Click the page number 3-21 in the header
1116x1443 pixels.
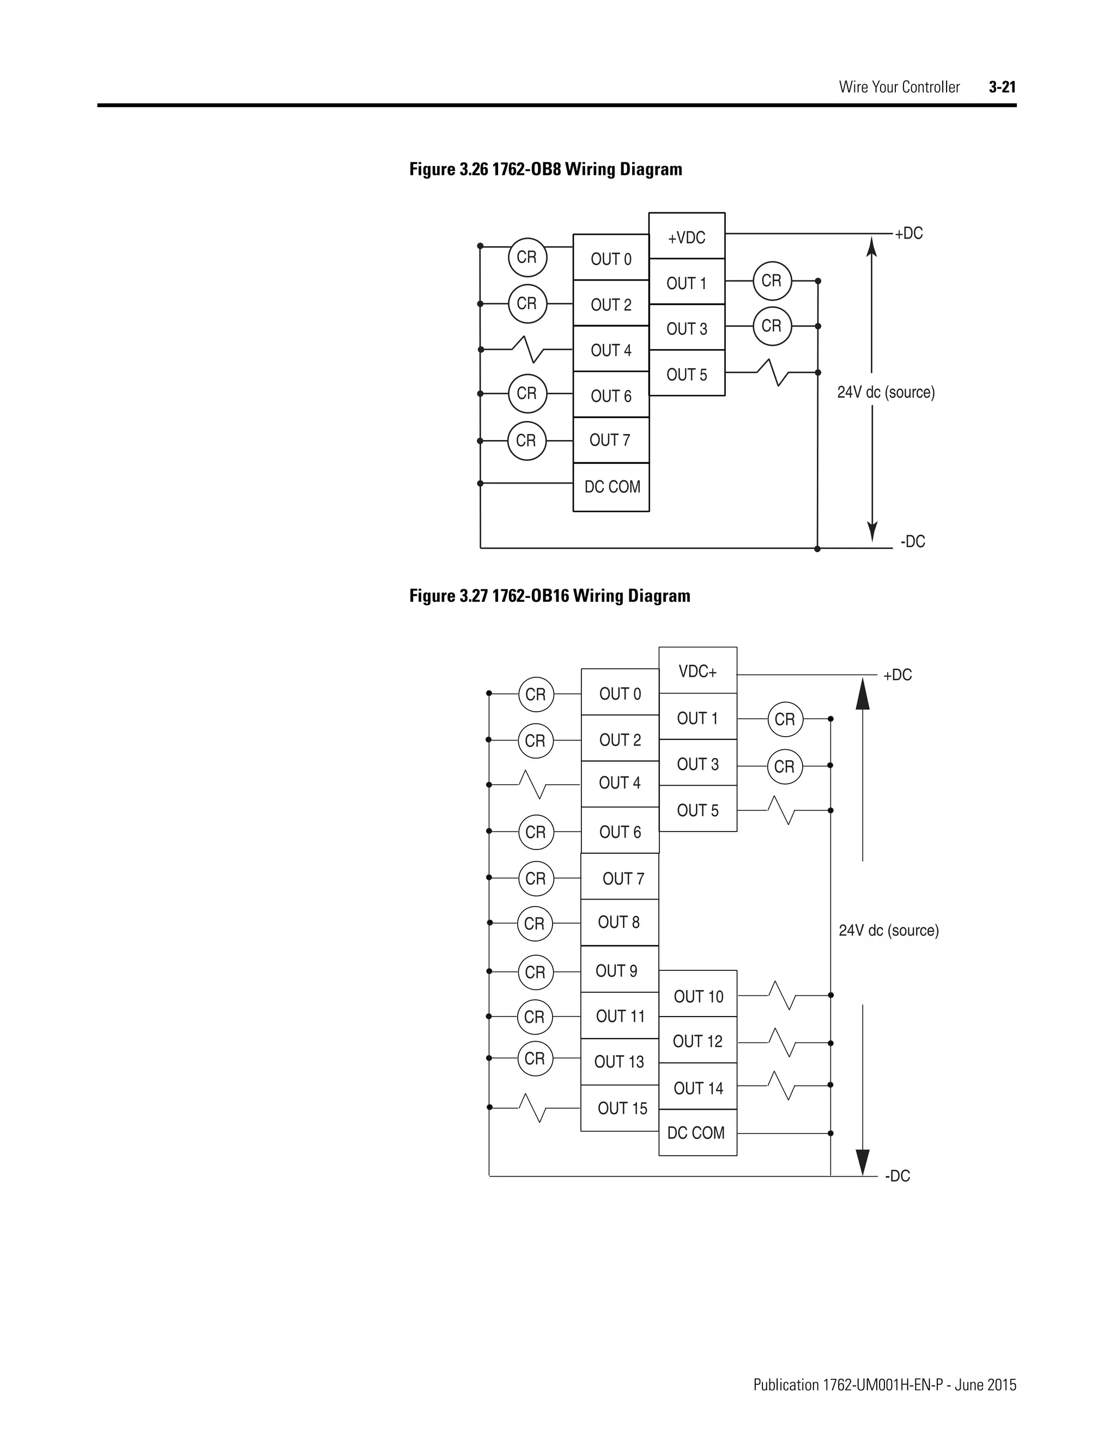pos(1002,87)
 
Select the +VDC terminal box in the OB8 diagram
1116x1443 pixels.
pos(686,236)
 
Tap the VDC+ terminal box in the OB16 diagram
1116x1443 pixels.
pos(697,671)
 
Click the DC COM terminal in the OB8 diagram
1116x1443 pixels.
pos(611,487)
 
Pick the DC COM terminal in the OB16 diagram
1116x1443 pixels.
pos(697,1133)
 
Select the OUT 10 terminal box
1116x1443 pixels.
pos(697,996)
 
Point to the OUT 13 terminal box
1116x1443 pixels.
pos(619,1062)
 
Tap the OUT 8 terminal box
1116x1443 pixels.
pos(619,922)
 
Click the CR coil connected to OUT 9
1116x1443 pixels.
pos(535,973)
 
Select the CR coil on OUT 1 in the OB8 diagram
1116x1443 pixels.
pos(772,281)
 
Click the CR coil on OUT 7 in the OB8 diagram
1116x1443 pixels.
pos(526,441)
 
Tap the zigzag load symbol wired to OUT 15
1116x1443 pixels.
pos(533,1108)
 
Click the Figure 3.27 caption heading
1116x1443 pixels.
pos(549,596)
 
